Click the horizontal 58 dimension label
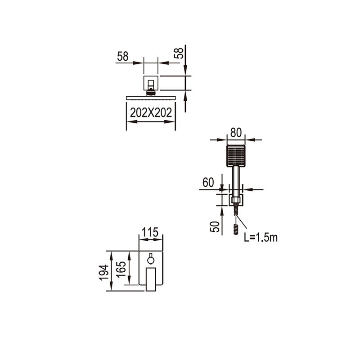[122, 56]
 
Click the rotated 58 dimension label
[179, 53]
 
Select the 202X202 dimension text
[151, 112]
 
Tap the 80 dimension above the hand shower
[236, 133]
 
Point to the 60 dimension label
[208, 183]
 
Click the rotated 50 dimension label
[215, 227]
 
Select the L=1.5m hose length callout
[261, 238]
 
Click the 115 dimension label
[150, 232]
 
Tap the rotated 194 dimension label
[104, 273]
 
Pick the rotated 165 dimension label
[121, 270]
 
